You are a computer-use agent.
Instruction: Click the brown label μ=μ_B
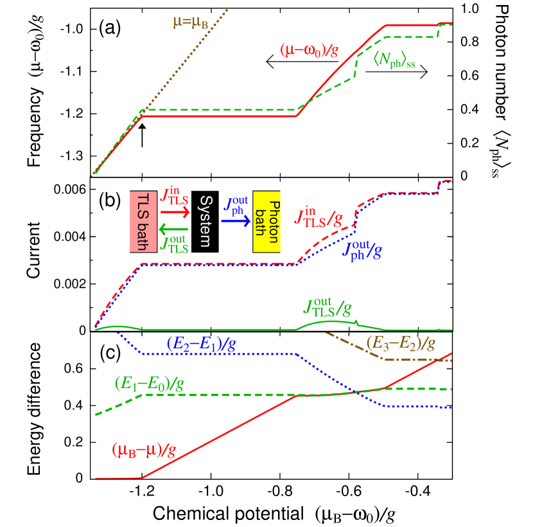[190, 23]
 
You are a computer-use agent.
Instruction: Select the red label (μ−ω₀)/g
[309, 50]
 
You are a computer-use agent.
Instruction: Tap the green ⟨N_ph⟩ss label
[394, 61]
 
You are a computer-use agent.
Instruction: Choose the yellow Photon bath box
[266, 221]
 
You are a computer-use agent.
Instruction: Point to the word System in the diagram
[205, 222]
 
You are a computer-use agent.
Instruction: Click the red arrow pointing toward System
[175, 211]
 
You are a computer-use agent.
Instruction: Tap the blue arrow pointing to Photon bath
[236, 220]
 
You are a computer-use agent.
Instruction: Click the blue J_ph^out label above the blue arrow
[236, 205]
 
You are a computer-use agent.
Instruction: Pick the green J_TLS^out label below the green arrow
[174, 244]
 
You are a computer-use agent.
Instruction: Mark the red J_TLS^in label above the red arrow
[174, 195]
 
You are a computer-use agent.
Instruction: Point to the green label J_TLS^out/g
[327, 309]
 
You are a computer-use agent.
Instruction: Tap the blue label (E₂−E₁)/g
[200, 343]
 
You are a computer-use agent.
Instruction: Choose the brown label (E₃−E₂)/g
[401, 343]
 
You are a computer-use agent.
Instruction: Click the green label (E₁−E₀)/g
[149, 384]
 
